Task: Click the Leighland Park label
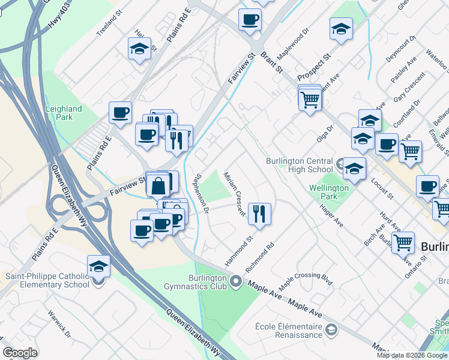[x=63, y=113]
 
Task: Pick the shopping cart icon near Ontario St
[x=403, y=242]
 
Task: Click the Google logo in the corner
[x=20, y=353]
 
